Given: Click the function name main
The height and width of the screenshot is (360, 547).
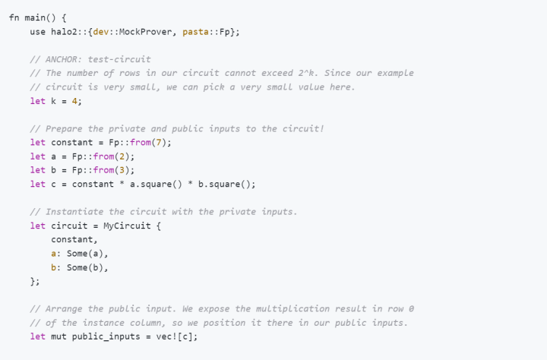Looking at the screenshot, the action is [x=35, y=17].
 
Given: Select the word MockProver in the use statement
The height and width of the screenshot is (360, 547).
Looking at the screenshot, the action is [x=145, y=32].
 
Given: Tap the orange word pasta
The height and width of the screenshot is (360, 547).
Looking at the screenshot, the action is [x=195, y=32].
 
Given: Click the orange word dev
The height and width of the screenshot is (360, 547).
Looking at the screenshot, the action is [x=101, y=32].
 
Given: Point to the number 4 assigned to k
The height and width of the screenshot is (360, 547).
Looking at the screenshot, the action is [x=74, y=101].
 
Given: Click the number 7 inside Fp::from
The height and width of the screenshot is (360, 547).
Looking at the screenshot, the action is [x=159, y=142].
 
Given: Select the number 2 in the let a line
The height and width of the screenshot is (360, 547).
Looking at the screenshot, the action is [x=122, y=156].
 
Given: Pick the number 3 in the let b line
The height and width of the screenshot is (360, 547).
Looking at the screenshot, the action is [x=122, y=170].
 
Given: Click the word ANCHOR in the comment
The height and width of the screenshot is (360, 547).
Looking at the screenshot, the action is [x=62, y=59].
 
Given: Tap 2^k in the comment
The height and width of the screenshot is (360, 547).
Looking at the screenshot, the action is [x=306, y=73].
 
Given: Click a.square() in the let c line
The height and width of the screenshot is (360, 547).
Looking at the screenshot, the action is [x=156, y=184].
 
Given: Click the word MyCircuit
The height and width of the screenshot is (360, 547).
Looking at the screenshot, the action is [x=127, y=226].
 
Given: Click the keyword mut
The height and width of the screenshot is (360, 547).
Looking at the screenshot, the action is [x=58, y=336].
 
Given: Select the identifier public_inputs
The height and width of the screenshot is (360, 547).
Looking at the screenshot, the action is [x=106, y=337].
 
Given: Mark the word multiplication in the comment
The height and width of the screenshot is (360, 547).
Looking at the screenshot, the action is [x=292, y=309].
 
